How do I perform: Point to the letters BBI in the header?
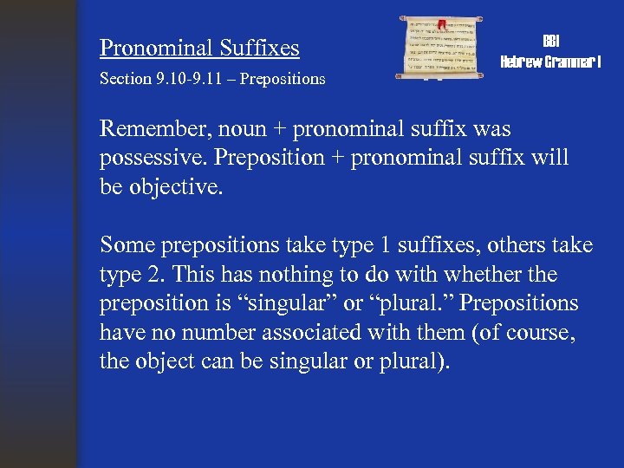pos(550,42)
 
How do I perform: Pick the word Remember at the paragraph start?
pos(146,129)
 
